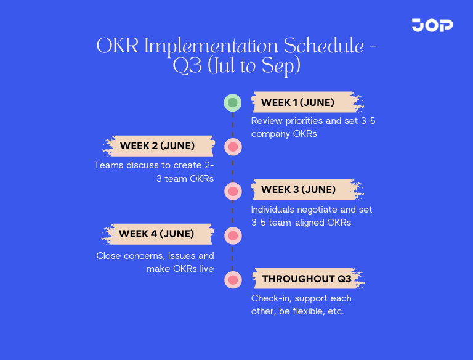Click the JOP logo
[x=432, y=25]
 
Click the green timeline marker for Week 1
[x=232, y=103]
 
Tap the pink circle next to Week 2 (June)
[x=232, y=147]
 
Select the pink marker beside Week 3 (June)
[x=232, y=191]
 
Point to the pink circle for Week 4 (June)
[x=232, y=235]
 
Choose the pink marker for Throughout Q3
[x=232, y=279]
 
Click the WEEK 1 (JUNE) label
[x=298, y=102]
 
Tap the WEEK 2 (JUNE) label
[x=158, y=146]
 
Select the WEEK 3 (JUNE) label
[x=299, y=189]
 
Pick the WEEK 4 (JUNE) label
[x=156, y=234]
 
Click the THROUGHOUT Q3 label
[x=307, y=279]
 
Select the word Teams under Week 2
[x=108, y=165]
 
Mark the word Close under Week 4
[x=109, y=255]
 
